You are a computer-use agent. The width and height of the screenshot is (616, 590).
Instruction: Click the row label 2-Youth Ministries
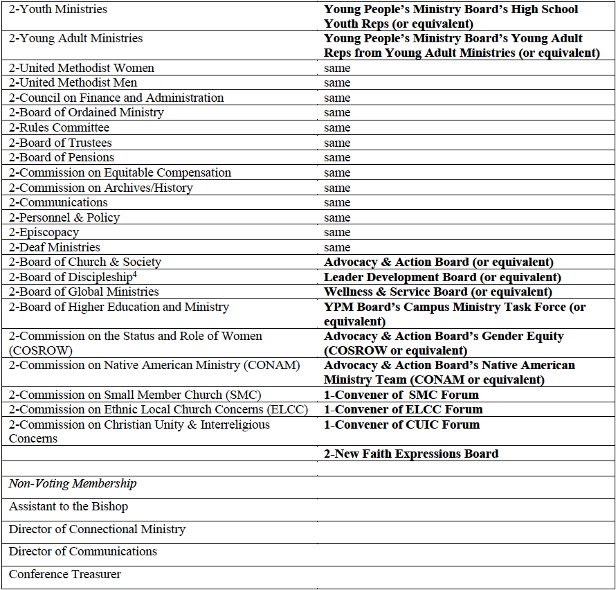[58, 10]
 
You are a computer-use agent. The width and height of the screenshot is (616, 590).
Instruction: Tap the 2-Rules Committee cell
[60, 127]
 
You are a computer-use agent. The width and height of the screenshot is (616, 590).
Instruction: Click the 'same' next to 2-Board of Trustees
[337, 143]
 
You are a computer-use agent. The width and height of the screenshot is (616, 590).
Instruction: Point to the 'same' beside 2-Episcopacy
[337, 233]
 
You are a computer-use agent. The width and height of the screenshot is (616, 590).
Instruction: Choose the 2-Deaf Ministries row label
[55, 247]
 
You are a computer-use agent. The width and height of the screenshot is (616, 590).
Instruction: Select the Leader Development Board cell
[442, 277]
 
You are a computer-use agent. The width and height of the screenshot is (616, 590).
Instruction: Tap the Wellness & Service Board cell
[438, 292]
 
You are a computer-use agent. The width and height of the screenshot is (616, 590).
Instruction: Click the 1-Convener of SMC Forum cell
[401, 395]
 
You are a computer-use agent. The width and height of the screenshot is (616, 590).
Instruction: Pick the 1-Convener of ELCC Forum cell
[404, 409]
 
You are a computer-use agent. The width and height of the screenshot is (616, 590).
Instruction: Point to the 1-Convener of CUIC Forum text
[401, 424]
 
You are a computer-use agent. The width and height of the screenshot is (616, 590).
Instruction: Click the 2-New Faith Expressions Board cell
[411, 454]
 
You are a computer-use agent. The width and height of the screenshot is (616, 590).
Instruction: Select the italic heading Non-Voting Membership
[73, 483]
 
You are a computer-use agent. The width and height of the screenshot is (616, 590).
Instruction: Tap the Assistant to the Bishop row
[69, 506]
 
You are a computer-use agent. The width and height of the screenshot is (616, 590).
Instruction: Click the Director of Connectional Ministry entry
[98, 529]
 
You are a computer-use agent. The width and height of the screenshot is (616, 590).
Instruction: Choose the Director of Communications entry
[83, 551]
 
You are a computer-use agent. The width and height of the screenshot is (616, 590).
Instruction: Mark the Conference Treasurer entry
[65, 574]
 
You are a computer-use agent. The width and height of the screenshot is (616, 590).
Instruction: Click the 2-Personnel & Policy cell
[64, 217]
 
